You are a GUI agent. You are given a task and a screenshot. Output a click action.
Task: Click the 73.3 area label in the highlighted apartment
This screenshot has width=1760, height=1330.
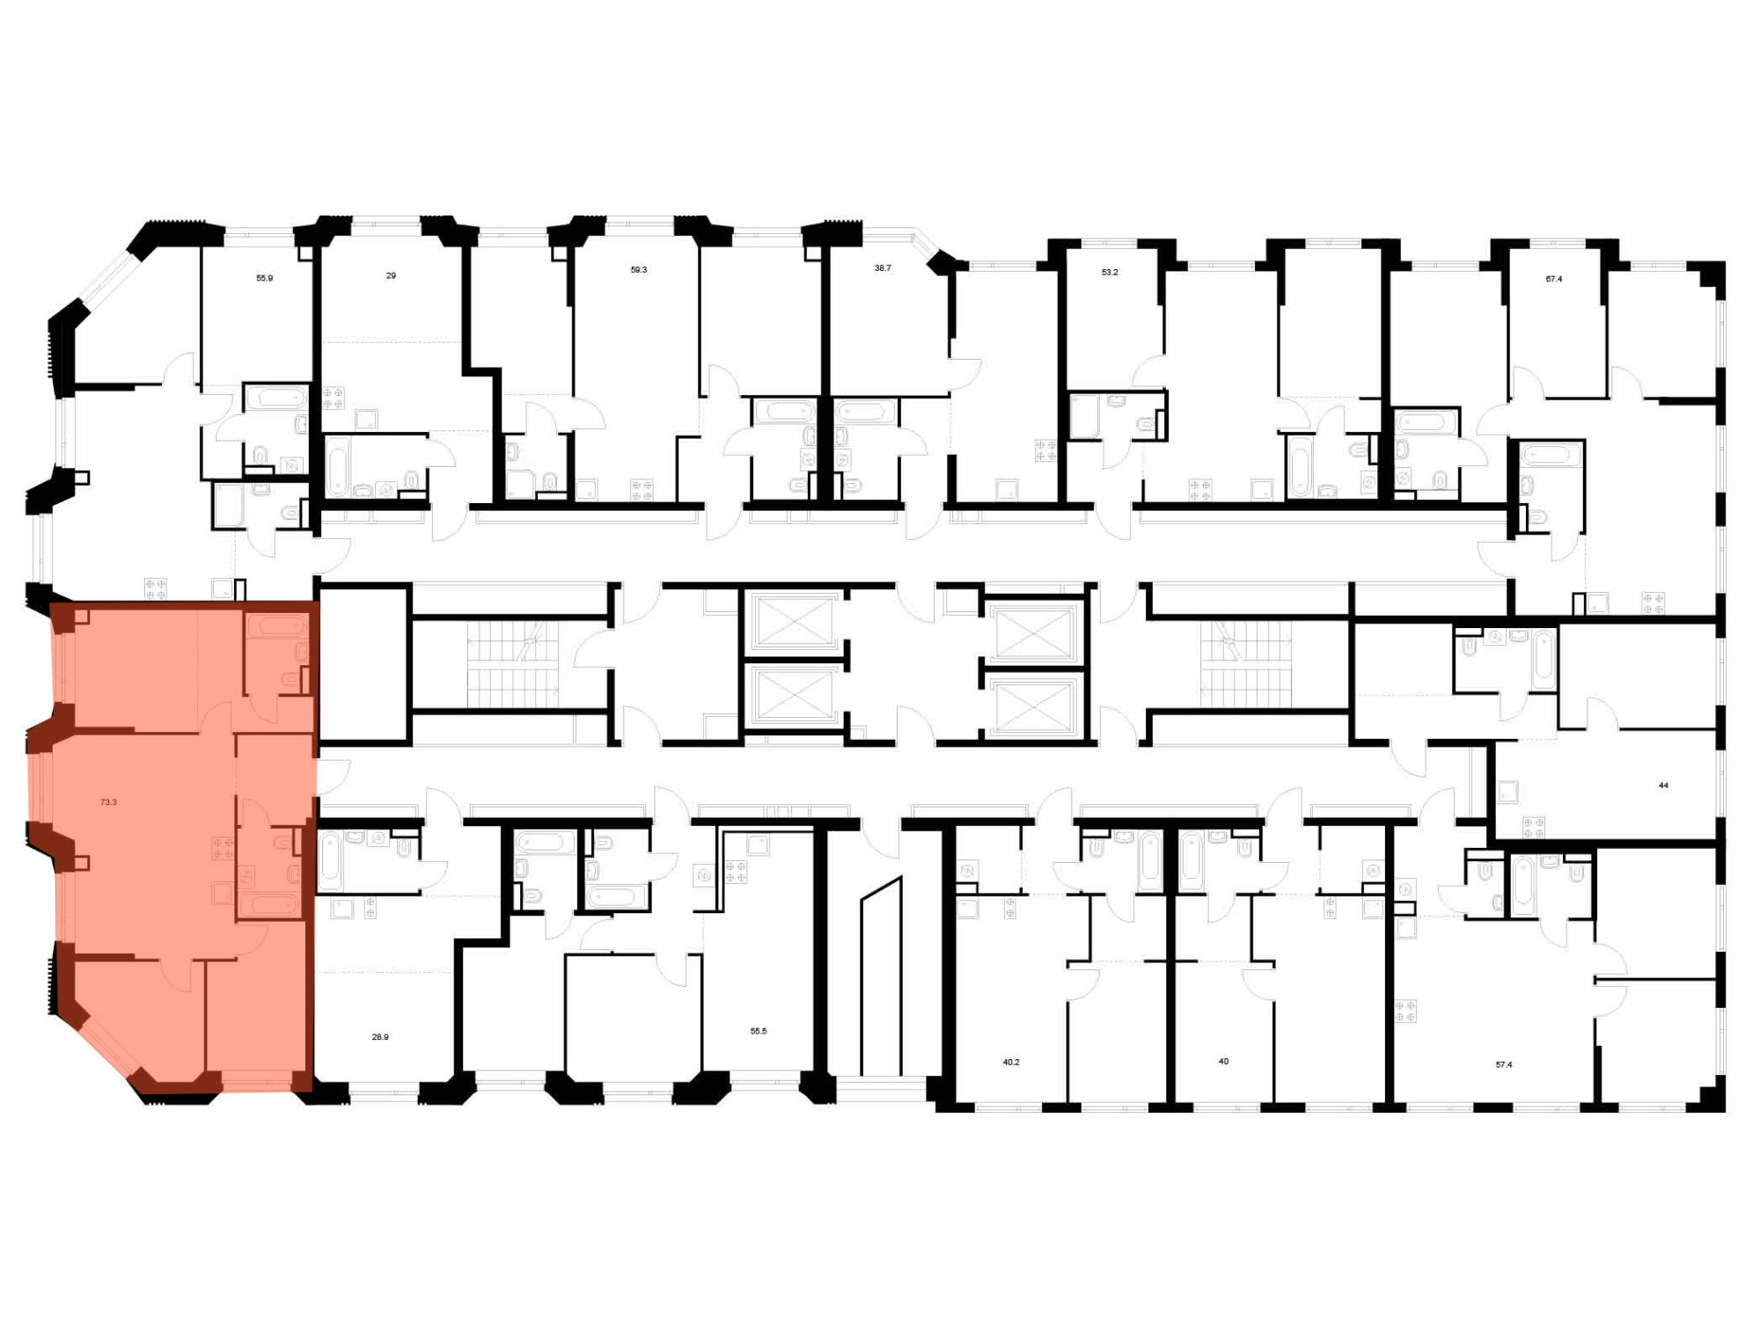pos(108,802)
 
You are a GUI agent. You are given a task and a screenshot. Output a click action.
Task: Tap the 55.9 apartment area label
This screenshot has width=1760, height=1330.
pos(264,278)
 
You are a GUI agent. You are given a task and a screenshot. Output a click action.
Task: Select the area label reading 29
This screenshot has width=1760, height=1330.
pos(391,275)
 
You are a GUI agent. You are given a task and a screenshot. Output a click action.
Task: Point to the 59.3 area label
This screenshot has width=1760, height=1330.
pos(638,270)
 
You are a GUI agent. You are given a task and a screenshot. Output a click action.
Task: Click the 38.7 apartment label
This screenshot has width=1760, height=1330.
pos(882,267)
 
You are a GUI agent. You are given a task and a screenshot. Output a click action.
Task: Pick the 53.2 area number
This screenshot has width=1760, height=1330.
pos(1110,273)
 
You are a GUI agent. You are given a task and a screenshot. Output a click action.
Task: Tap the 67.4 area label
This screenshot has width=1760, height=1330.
pos(1554,279)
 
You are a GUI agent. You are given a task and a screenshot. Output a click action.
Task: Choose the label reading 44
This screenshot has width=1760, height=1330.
pos(1663,786)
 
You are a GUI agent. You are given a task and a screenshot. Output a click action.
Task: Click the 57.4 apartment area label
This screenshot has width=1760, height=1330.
pos(1504,1064)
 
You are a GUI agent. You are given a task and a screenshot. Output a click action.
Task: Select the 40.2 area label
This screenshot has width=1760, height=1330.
pos(1011,1062)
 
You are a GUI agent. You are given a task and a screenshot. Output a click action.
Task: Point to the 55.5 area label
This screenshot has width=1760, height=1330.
pos(758,1031)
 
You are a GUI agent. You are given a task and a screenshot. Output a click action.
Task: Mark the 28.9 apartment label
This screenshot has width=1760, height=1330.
pos(380,1037)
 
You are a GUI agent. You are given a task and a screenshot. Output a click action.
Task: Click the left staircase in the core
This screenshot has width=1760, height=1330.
pos(512,664)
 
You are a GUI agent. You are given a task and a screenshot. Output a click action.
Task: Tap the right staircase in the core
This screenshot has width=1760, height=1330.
pos(1246,664)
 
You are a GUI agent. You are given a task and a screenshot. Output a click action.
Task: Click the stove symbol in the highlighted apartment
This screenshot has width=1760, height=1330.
pos(223,848)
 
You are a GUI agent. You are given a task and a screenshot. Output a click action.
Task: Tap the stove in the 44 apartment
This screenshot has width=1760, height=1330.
pos(1533,827)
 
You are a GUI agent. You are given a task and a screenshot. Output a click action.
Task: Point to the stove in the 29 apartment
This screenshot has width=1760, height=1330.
pos(334,398)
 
